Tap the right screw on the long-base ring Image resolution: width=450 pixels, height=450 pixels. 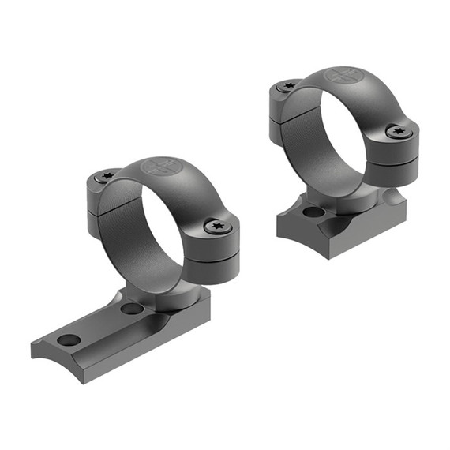pos(213,227)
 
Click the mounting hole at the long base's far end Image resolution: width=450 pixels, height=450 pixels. pos(69,339)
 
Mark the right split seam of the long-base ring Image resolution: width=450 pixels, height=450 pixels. pos(214,254)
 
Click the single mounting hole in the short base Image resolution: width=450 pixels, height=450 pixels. pos(313,212)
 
